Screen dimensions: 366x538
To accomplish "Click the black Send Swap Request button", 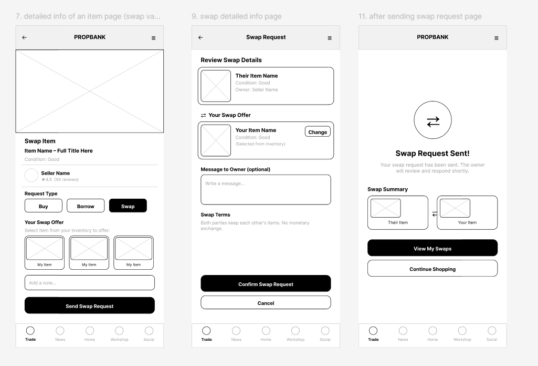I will pos(89,306).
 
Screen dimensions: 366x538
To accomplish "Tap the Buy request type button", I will pos(43,206).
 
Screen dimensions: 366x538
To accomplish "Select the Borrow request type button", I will pos(86,206).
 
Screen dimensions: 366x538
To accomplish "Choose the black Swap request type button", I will pos(128,206).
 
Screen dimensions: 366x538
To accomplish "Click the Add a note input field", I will pos(89,282).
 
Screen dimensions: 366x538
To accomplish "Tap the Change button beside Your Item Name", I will pos(318,131).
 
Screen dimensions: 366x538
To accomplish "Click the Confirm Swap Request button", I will pos(266,283).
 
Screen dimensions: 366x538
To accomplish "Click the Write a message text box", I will pos(266,189).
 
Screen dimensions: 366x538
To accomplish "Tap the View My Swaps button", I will pos(432,248).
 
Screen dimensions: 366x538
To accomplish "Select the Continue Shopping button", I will pos(432,268).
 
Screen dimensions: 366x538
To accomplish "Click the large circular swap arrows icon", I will pos(432,121).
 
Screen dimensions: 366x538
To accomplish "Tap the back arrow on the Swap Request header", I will pos(201,38).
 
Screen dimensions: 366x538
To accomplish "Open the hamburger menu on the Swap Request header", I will pos(330,38).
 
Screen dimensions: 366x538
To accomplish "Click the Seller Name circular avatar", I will pos(31,176).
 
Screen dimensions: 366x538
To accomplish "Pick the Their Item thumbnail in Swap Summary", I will pos(385,208).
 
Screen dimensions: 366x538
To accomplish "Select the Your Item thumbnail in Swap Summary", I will pos(455,208).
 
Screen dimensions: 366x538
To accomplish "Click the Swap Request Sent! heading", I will pos(432,154).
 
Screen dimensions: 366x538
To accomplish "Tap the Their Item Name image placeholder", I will pos(216,86).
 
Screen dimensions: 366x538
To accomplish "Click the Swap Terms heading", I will pos(215,215).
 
